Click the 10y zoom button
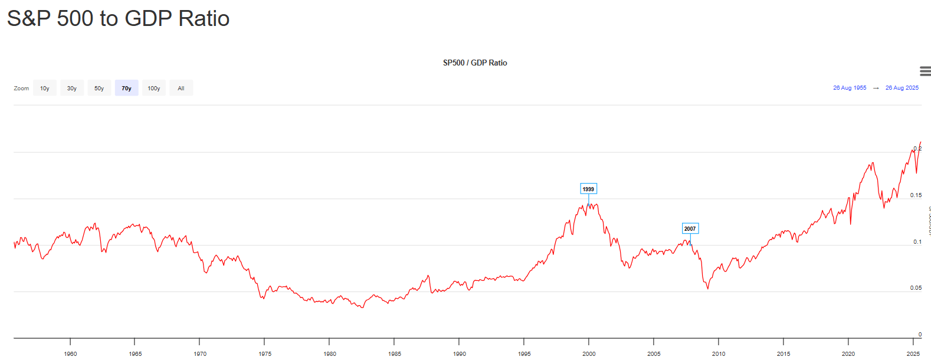(45, 88)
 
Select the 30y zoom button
(72, 88)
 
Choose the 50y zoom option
(99, 88)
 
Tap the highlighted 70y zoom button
(126, 88)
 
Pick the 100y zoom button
(154, 88)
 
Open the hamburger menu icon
(925, 71)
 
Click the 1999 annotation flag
(588, 189)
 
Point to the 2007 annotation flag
(690, 228)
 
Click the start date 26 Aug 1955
(850, 88)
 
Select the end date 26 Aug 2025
(902, 88)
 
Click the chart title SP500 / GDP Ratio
(475, 63)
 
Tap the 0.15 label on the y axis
(916, 195)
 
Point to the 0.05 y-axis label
(916, 288)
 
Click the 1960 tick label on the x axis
(70, 354)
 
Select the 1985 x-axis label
(395, 354)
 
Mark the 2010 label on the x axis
(719, 354)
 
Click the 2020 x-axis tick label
(848, 354)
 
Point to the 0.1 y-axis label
(917, 242)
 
